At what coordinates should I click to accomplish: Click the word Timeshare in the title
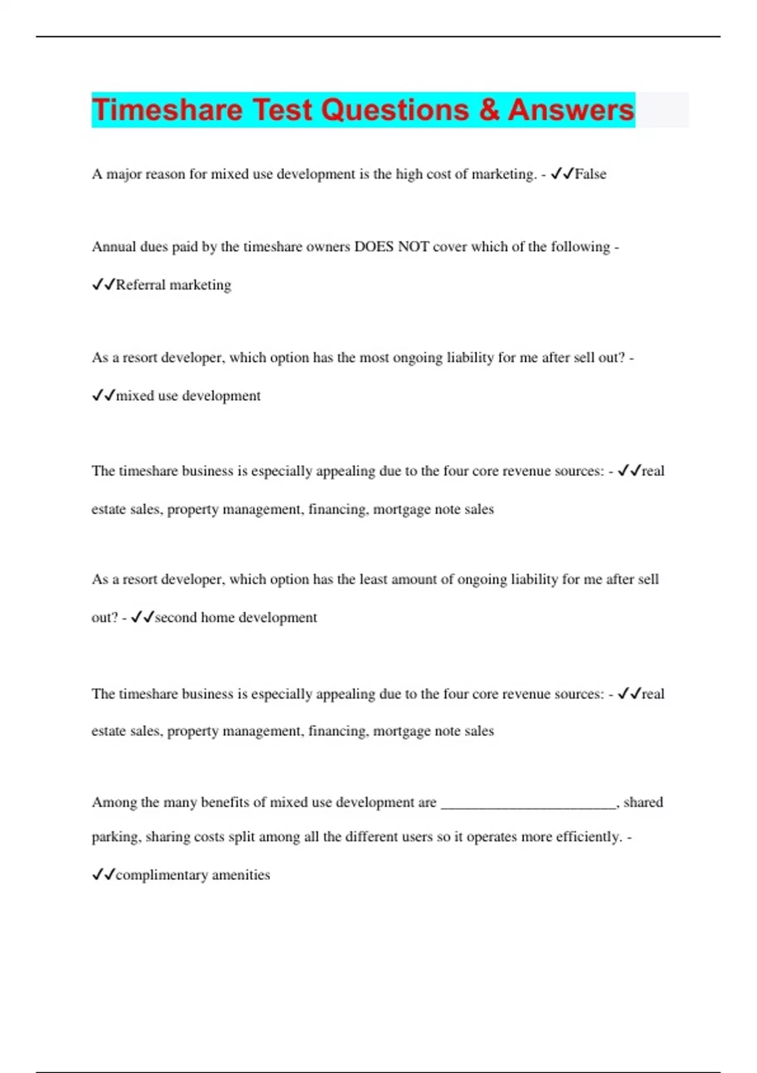[167, 110]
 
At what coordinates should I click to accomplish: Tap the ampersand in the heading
[489, 110]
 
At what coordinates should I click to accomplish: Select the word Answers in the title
[570, 110]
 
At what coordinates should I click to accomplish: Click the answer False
[590, 174]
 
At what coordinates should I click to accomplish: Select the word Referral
[140, 285]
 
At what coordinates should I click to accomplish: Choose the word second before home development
[175, 617]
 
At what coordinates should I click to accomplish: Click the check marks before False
[561, 174]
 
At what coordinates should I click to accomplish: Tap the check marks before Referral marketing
[103, 285]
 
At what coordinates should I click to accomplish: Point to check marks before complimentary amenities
[103, 875]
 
